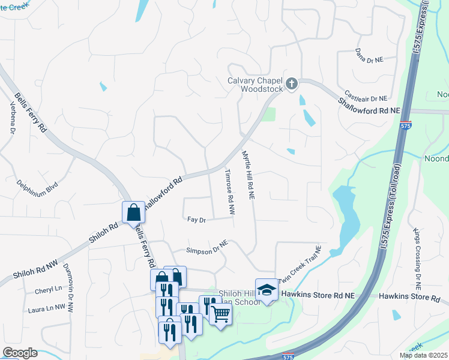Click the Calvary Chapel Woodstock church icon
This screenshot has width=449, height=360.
coord(292,83)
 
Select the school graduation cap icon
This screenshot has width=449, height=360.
coord(267,290)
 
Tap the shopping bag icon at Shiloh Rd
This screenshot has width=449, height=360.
coord(133,212)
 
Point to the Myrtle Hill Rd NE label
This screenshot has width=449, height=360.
coord(249,175)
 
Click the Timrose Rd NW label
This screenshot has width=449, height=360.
coord(229,191)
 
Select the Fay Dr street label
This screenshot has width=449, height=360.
coord(196,220)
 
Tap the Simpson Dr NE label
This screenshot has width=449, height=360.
coord(208,248)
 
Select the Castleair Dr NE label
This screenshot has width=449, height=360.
coord(367,98)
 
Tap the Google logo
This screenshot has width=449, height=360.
coord(20,353)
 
